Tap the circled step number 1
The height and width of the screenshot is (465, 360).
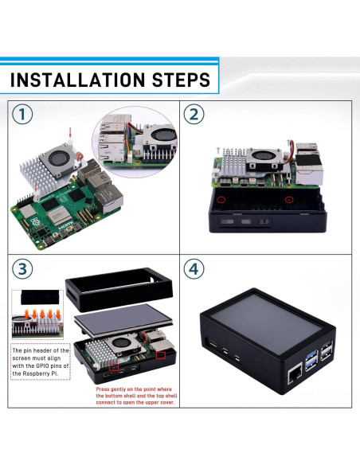(25, 115)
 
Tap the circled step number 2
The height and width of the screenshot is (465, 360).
(194, 115)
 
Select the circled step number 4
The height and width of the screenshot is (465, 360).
(194, 268)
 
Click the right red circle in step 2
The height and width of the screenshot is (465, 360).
(289, 199)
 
